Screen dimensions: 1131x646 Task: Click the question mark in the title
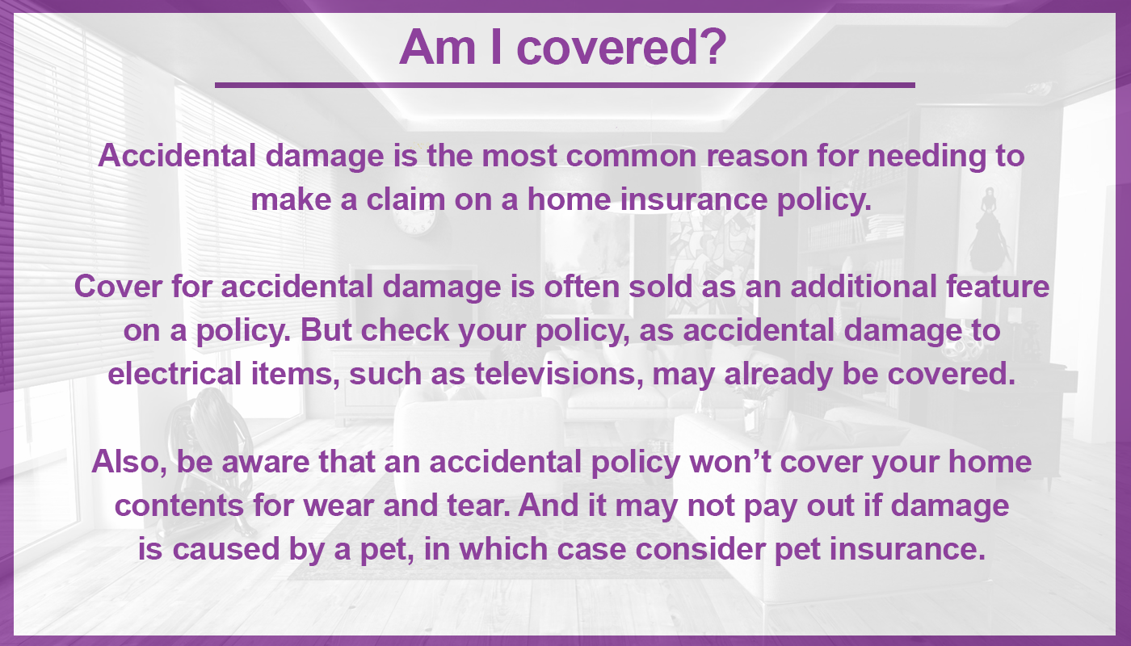click(712, 47)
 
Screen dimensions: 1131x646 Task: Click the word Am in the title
click(438, 47)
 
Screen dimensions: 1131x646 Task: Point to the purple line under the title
click(565, 86)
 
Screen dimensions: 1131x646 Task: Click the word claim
click(406, 199)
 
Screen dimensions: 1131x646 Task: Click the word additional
click(864, 286)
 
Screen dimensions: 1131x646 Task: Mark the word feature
click(998, 286)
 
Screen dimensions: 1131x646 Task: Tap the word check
click(405, 330)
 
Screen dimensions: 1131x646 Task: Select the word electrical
click(174, 373)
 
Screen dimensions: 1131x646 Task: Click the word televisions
click(559, 375)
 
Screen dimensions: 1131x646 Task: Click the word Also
click(129, 463)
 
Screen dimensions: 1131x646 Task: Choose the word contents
click(179, 506)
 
